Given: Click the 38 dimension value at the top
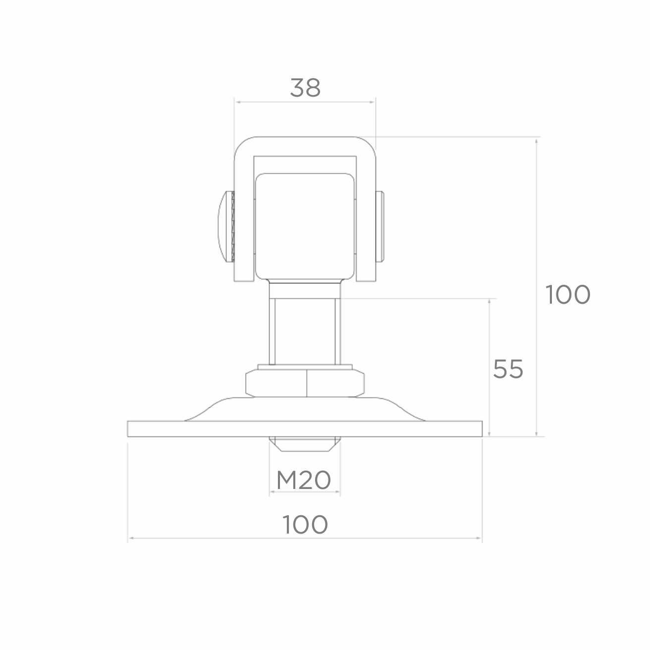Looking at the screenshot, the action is [305, 88].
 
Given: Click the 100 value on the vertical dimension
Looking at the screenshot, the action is [568, 294].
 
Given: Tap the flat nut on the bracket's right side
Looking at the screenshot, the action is [379, 226].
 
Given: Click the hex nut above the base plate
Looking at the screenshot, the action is [305, 383].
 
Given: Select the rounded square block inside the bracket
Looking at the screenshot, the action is [305, 226].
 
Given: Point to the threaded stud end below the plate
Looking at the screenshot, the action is [305, 444].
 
